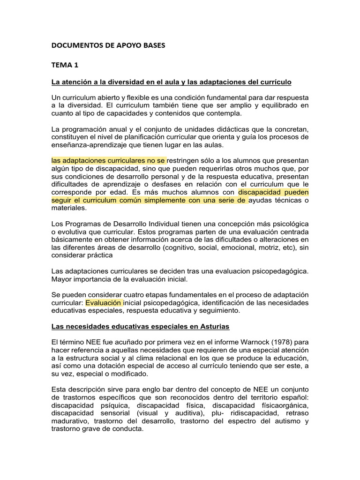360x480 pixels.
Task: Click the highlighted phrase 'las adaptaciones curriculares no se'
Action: [x=108, y=161]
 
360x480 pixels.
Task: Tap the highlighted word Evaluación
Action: [x=104, y=303]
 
